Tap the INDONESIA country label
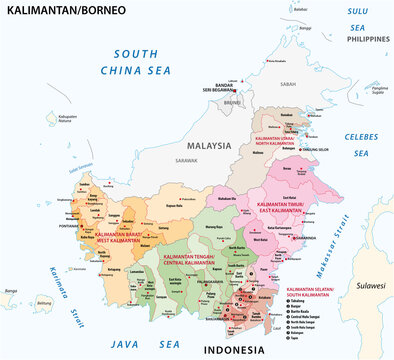pyautogui.click(x=234, y=349)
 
